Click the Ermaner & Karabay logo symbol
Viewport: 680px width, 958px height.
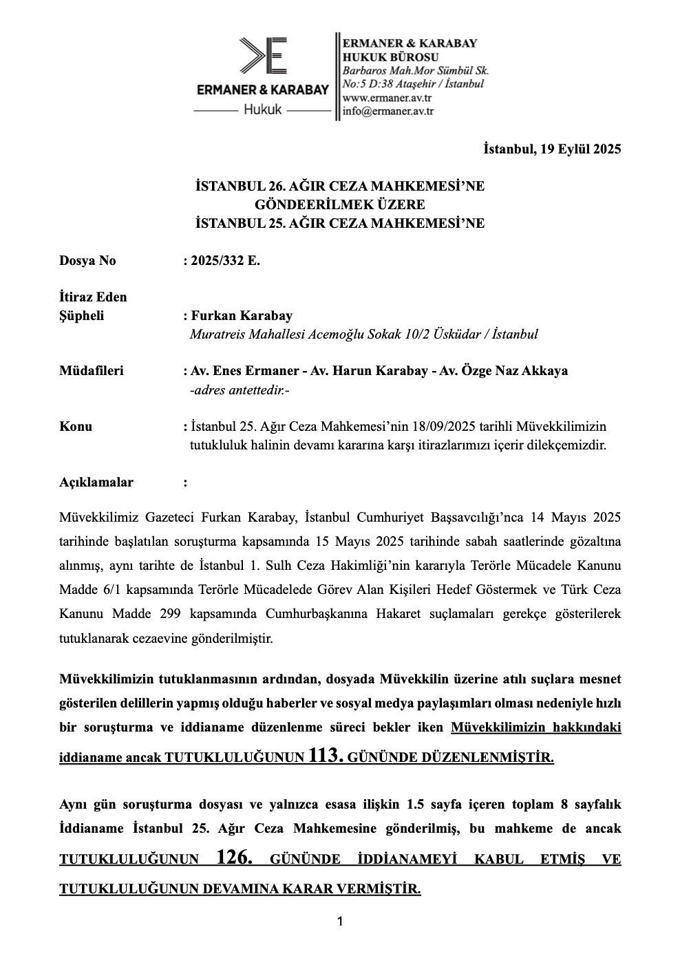pos(262,56)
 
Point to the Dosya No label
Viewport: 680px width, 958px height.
pos(87,261)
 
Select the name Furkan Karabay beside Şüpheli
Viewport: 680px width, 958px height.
pos(241,316)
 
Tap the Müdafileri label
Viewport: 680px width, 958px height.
pos(92,371)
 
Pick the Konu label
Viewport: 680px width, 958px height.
pos(76,427)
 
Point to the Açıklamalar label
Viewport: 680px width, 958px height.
pos(96,482)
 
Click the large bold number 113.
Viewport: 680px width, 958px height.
pos(326,756)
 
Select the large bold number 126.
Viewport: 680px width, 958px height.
pos(235,858)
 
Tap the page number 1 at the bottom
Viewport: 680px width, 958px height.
pos(340,922)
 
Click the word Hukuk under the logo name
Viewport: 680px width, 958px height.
pos(263,109)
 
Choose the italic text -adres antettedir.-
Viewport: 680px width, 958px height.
pos(240,390)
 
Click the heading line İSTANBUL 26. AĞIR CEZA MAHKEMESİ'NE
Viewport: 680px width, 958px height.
pos(340,186)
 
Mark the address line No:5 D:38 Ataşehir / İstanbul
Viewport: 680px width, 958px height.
pos(413,84)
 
